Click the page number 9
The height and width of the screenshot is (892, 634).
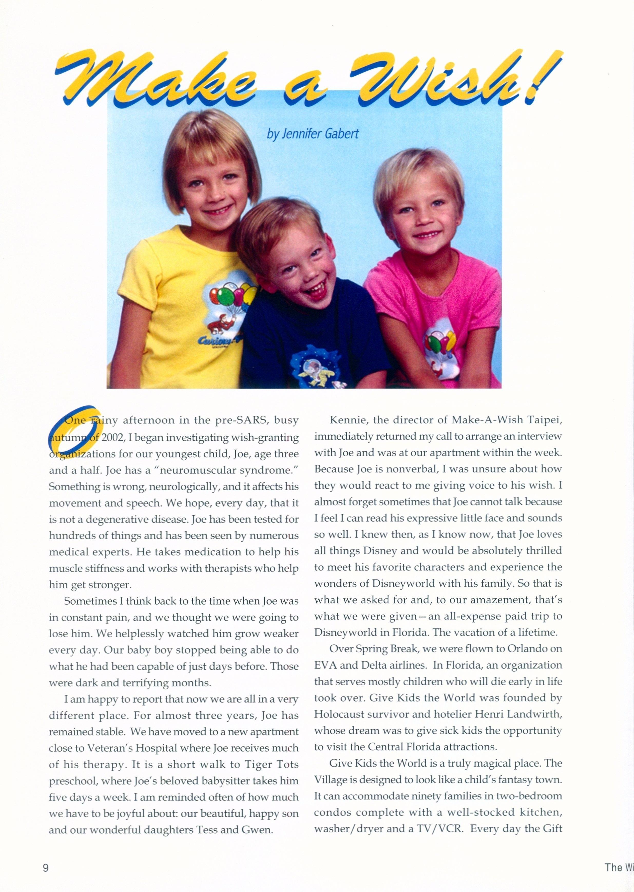click(x=46, y=867)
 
